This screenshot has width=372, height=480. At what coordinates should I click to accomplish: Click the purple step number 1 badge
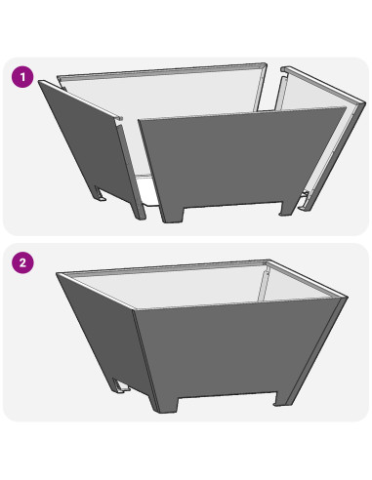pos(22,77)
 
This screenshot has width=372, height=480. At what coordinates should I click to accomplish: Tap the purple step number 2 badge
pos(22,262)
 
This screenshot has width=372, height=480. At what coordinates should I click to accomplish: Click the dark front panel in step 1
pos(241,159)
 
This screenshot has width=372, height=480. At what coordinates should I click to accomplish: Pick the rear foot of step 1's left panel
pos(101,193)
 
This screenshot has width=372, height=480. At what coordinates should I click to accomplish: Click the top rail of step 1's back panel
pos(162,71)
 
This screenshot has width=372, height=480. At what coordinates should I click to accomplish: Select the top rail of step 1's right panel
pos(323,85)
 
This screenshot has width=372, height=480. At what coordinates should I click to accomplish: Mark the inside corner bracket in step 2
pos(263,283)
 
